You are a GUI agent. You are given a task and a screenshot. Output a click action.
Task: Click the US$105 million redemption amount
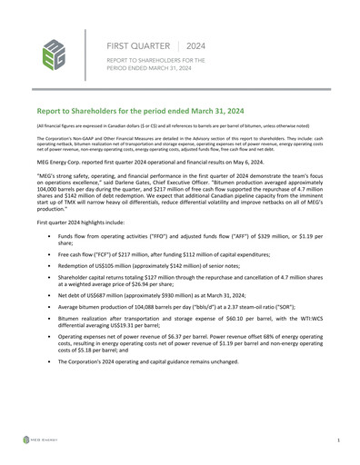pos(125,270)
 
